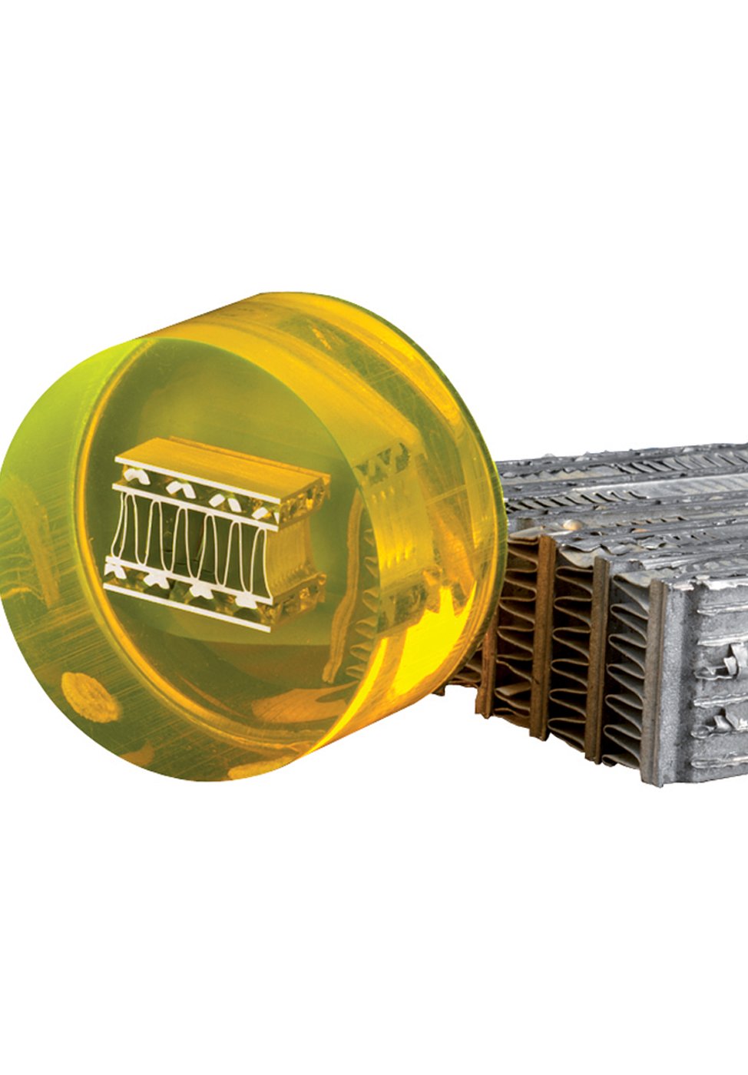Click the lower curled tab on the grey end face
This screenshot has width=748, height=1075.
click(726, 722)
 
